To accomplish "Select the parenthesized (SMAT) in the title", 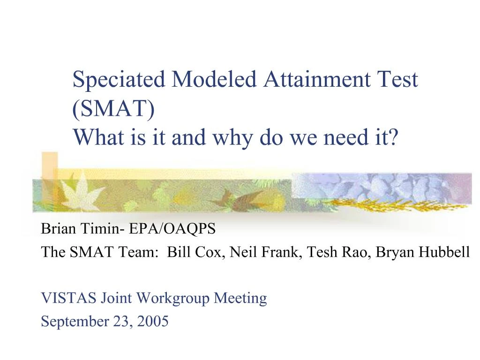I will (x=113, y=109).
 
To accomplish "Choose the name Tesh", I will (x=322, y=252).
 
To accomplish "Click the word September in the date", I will (x=75, y=322).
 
